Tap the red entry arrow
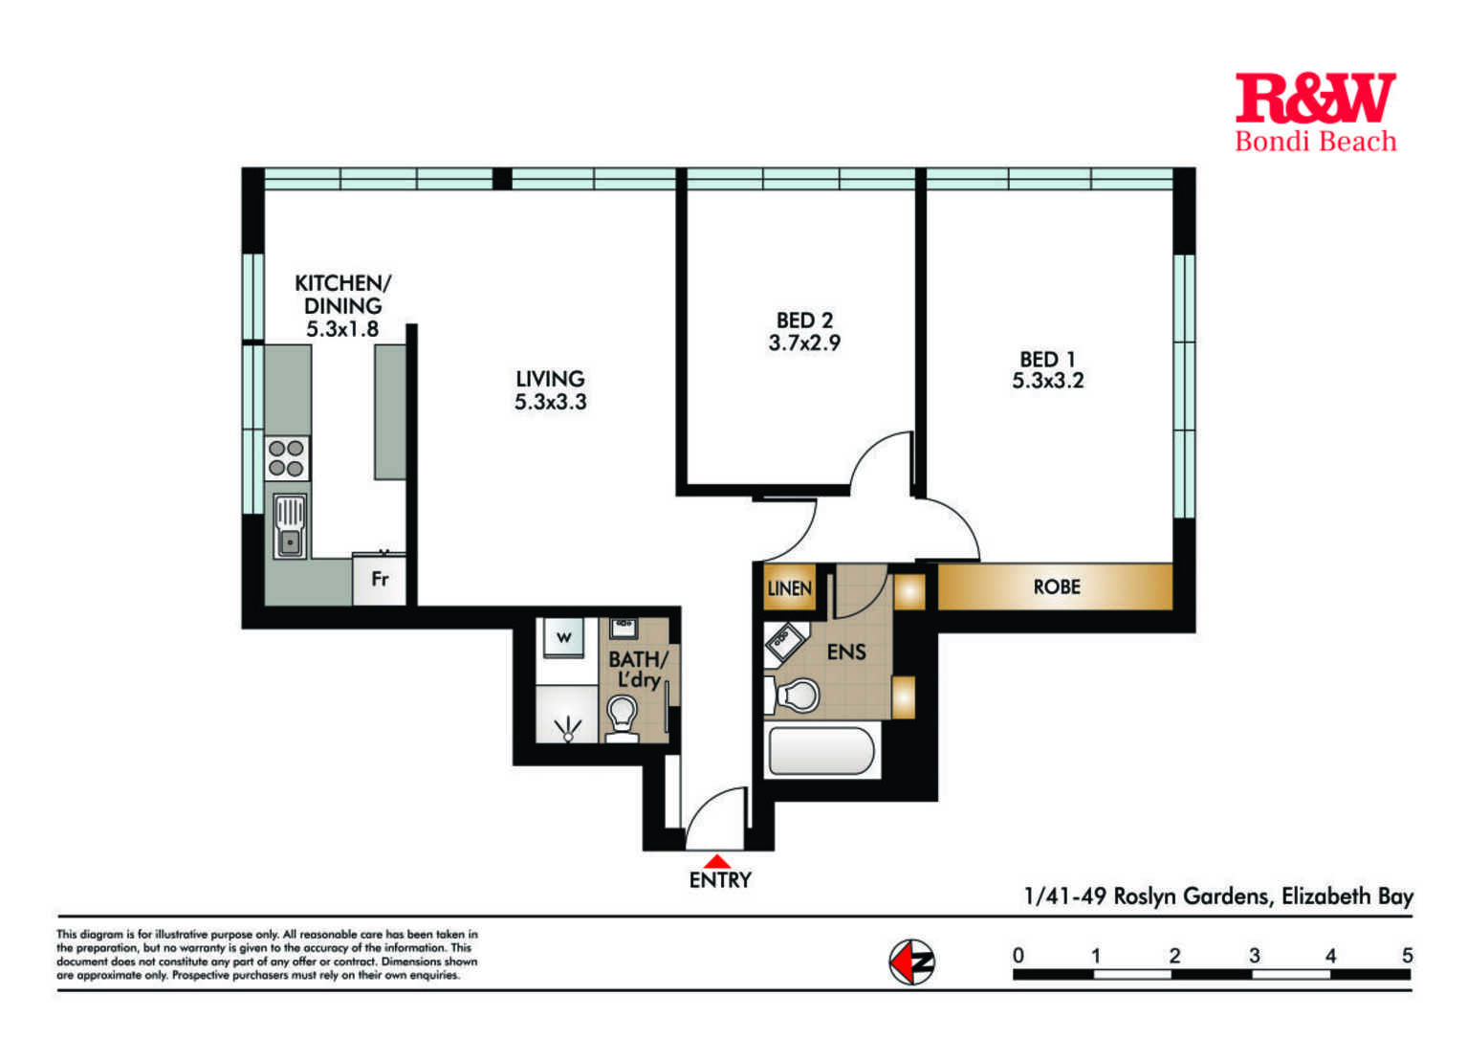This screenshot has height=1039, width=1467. [718, 861]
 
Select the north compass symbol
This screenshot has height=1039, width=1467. [911, 962]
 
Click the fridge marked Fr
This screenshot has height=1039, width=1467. [380, 579]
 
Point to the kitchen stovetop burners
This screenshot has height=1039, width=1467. [287, 458]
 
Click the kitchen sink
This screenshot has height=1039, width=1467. [290, 526]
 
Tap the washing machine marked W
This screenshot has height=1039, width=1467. [564, 637]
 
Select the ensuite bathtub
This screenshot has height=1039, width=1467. [821, 751]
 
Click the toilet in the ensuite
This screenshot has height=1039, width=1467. [793, 696]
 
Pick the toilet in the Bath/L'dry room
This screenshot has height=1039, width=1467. [622, 718]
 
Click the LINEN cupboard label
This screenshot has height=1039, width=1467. [789, 588]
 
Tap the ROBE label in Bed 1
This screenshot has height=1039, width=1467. [1057, 587]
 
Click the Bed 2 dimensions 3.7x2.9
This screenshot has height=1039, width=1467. [804, 343]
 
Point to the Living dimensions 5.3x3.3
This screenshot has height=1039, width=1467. [550, 402]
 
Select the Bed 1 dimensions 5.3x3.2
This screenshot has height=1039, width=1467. [1048, 381]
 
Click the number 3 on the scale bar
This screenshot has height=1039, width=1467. [1254, 956]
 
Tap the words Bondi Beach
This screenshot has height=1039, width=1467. [1316, 142]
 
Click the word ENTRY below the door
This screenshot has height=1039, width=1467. [720, 880]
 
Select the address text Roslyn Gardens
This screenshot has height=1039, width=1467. [1193, 896]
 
